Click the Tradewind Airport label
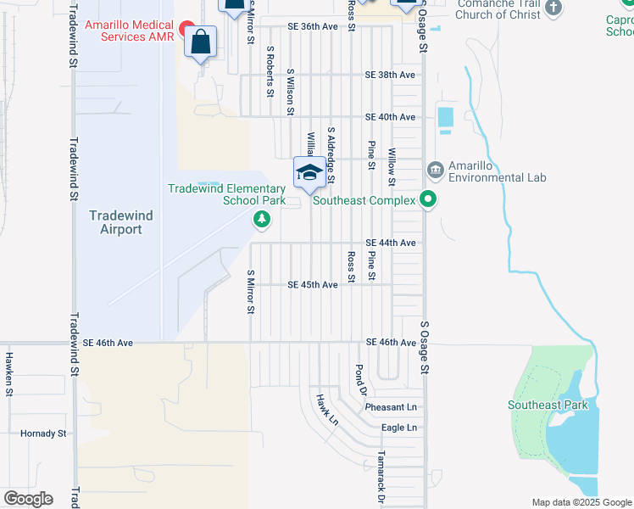[x=121, y=222]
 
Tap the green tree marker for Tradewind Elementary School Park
[x=262, y=221]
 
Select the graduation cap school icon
[x=309, y=173]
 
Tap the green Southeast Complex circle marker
[x=429, y=201]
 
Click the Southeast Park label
[x=548, y=405]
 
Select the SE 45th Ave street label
[x=313, y=285]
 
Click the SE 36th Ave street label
[x=313, y=27]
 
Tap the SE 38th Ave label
[x=390, y=75]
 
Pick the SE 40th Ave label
[x=390, y=117]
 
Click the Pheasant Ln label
[x=392, y=408]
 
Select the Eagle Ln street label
[x=399, y=428]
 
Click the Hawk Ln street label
[x=327, y=410]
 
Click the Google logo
[x=28, y=499]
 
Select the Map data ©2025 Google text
[x=581, y=502]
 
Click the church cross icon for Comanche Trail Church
[x=553, y=8]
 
